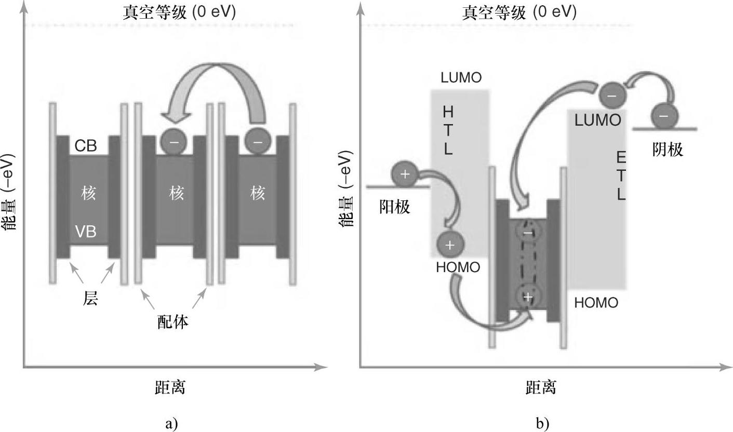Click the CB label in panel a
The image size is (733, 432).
85,146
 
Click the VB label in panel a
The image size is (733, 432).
85,232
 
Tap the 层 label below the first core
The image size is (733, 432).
90,299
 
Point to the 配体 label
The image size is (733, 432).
173,322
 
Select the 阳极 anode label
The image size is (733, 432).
395,207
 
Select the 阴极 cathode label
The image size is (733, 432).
667,150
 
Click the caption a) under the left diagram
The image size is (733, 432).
171,423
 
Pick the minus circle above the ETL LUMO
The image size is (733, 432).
612,96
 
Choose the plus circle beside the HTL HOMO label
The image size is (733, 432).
450,245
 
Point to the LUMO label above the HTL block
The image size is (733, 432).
461,78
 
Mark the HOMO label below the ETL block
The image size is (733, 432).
596,303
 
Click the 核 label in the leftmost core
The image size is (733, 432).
89,194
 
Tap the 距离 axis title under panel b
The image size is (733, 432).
540,387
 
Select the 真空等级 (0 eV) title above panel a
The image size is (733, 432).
179,12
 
